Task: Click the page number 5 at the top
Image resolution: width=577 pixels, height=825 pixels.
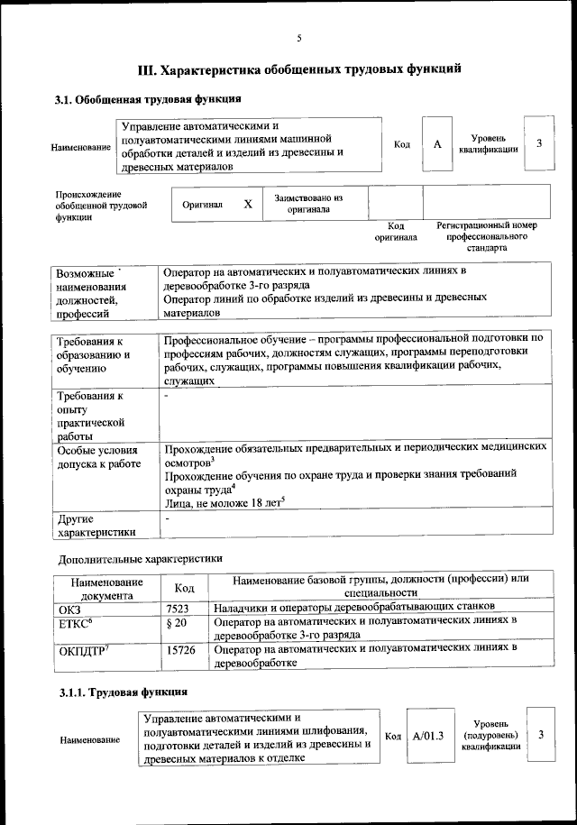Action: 298,38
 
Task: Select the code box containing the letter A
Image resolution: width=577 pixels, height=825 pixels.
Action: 436,143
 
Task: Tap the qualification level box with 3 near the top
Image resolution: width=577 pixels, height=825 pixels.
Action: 538,143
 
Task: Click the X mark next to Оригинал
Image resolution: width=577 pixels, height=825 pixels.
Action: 247,205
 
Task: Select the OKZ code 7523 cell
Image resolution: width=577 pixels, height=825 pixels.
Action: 177,609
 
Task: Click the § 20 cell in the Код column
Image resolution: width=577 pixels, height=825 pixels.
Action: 177,623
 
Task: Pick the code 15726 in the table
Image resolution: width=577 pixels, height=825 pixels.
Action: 180,649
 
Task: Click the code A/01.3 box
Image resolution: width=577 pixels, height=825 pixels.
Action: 428,736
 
